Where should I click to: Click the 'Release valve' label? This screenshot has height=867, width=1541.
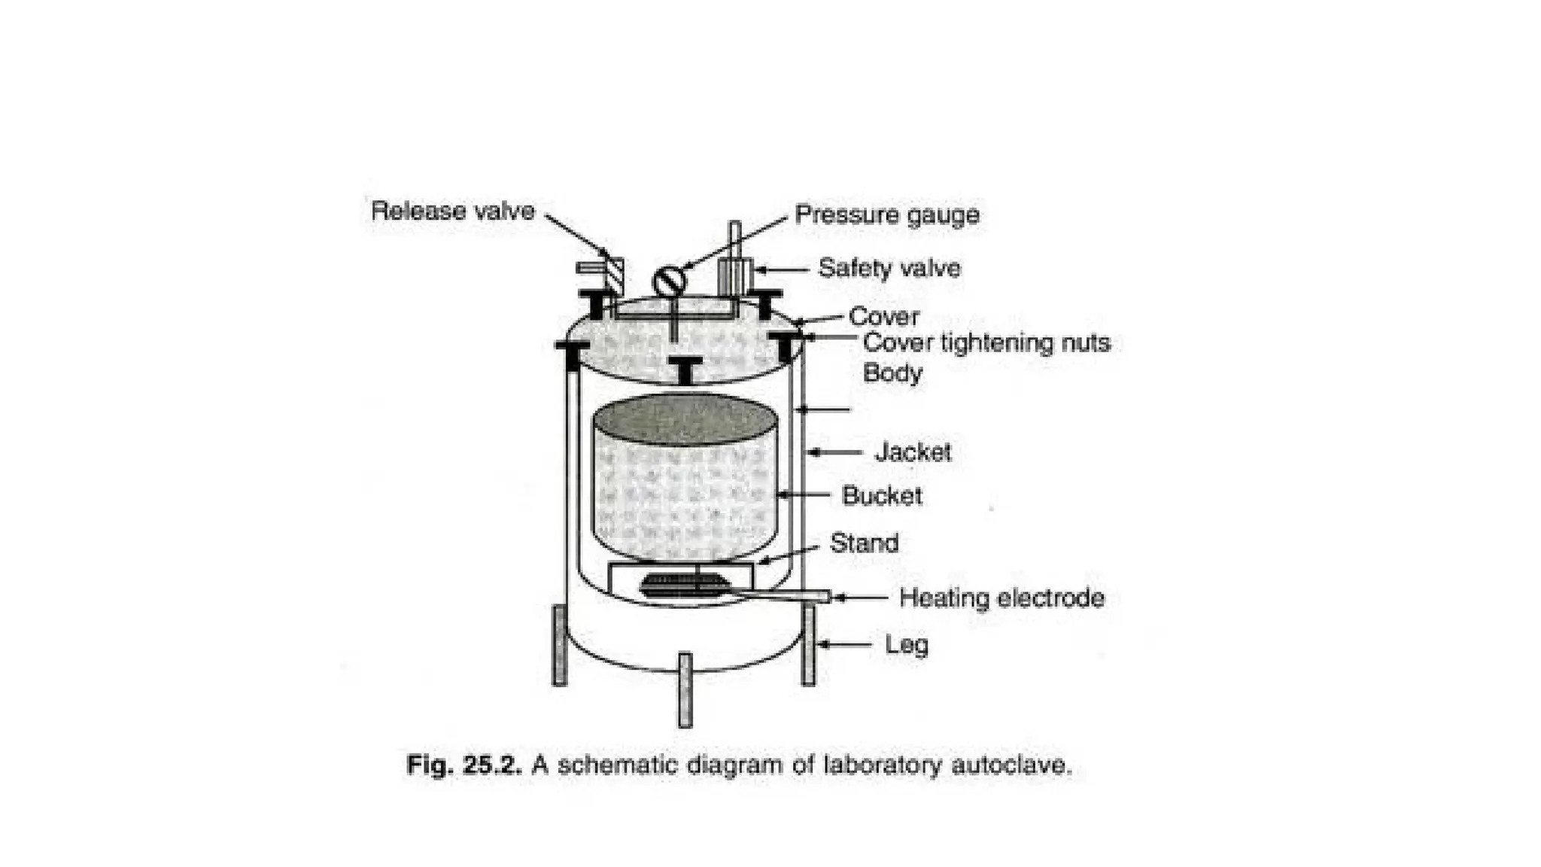(x=452, y=211)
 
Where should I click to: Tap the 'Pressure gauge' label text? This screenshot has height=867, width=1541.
(x=887, y=215)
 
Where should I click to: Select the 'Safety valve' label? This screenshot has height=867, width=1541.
(x=889, y=269)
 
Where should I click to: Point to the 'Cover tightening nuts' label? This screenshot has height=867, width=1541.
(x=986, y=343)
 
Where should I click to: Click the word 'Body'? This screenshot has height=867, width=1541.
(x=892, y=373)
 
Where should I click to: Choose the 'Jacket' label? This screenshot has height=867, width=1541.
(x=913, y=452)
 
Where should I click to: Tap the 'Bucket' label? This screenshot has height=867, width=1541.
(x=882, y=496)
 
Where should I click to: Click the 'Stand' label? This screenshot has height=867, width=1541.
(x=864, y=543)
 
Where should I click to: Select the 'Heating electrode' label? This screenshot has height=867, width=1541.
(x=1001, y=598)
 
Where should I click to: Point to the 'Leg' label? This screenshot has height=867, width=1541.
(x=907, y=645)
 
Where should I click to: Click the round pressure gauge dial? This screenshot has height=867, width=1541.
(x=669, y=281)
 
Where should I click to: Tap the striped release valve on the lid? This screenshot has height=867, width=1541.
(x=614, y=276)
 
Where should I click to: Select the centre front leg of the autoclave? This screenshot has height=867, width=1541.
(x=685, y=689)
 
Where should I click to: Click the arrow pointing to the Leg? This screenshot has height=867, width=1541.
(x=844, y=645)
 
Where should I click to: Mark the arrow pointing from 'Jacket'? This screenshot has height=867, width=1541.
(x=835, y=452)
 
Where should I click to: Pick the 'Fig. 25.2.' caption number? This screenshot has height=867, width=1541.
(x=463, y=765)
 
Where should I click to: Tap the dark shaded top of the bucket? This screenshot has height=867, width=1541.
(x=685, y=418)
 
